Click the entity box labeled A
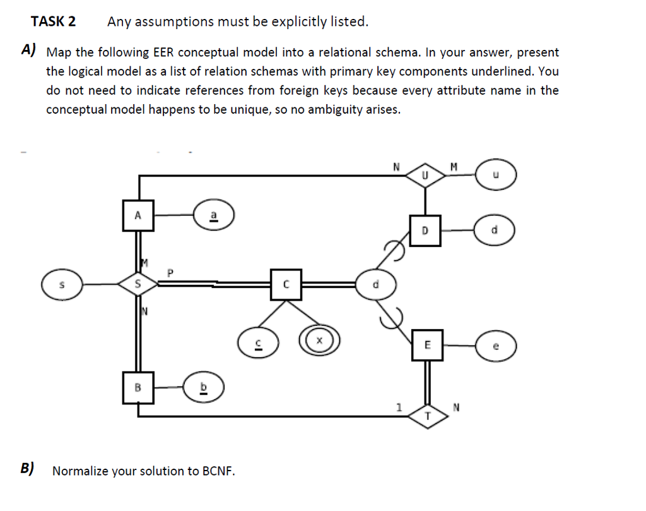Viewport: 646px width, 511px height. pos(138,215)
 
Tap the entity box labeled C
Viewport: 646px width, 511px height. pos(286,284)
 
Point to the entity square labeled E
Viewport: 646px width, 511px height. pos(427,345)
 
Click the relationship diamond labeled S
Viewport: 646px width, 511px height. pos(138,285)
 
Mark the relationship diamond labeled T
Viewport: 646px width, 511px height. pos(427,415)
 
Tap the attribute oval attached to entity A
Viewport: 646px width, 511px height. pos(213,215)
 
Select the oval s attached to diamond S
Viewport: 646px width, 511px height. pos(62,285)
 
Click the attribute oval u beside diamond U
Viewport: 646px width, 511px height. pos(496,175)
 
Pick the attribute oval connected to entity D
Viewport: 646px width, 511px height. pos(496,231)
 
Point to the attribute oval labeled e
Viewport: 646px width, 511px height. pos(496,346)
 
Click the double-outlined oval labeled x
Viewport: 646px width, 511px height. pos(319,340)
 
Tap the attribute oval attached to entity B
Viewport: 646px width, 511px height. pos(203,387)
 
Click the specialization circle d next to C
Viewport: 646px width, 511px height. pos(375,284)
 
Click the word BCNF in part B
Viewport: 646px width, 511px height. pos(218,471)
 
